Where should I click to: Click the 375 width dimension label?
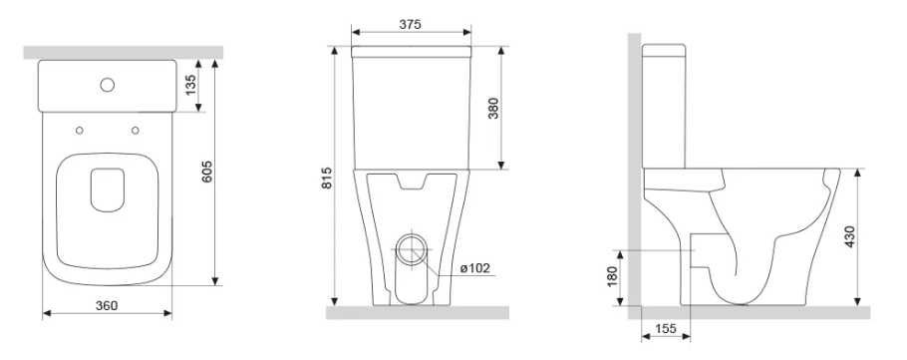point(410,24)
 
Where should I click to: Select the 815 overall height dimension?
point(326,179)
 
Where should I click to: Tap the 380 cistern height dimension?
point(492,109)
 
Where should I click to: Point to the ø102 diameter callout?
point(474,268)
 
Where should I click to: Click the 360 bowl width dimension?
point(107,305)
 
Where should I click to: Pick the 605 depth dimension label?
point(207,172)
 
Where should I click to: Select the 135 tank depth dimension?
point(190,85)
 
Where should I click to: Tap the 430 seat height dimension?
point(849,236)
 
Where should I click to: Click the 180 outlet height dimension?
point(613,277)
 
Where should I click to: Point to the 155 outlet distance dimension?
point(665,329)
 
